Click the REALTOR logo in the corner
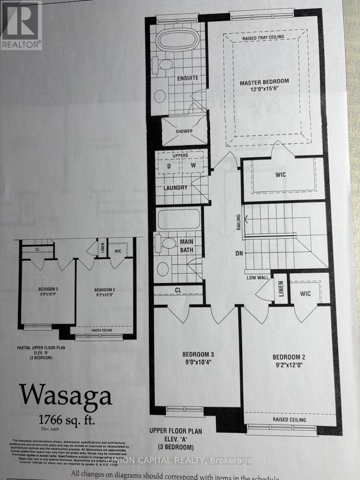coord(21,25)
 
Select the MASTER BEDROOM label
coord(264,82)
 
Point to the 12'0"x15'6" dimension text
coord(264,90)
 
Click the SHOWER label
coord(184,131)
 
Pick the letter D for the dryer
coord(168,165)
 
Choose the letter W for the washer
coord(193,165)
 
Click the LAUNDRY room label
coord(175,188)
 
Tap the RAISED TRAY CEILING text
coord(263,37)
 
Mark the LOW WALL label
coord(257,278)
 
